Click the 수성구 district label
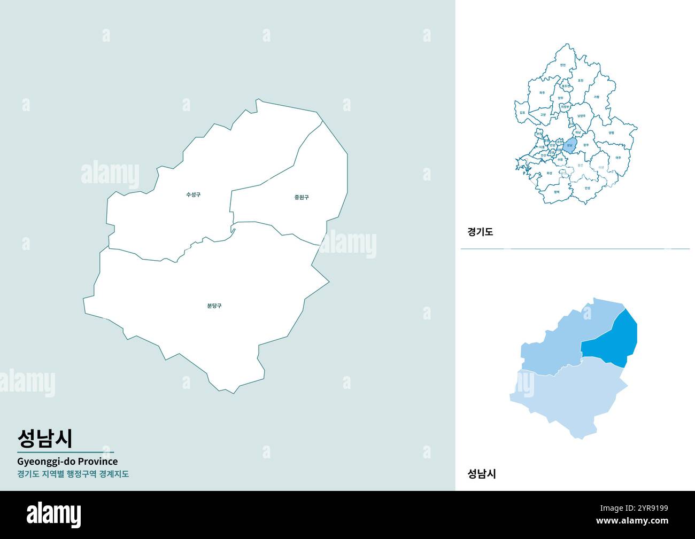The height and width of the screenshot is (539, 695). [193, 194]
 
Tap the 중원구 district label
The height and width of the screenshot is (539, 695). [302, 197]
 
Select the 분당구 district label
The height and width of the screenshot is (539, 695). [214, 306]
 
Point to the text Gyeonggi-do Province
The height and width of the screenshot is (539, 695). [67, 461]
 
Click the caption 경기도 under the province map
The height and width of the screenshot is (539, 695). [480, 232]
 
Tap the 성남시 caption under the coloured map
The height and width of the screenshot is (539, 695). [481, 473]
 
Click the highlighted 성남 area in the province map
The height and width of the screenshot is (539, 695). [570, 145]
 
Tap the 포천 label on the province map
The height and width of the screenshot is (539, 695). [581, 81]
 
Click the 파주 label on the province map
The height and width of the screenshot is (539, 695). [542, 92]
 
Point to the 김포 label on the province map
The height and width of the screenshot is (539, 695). [522, 113]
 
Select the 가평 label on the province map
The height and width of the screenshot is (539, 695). [596, 97]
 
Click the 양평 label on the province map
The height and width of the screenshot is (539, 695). [611, 133]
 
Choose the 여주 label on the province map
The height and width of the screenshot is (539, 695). [618, 158]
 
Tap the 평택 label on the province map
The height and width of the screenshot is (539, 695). [557, 191]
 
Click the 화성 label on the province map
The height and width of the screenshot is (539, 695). [549, 173]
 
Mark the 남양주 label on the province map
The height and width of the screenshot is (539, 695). [582, 115]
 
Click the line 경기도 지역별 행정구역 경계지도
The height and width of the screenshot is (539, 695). [73, 474]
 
